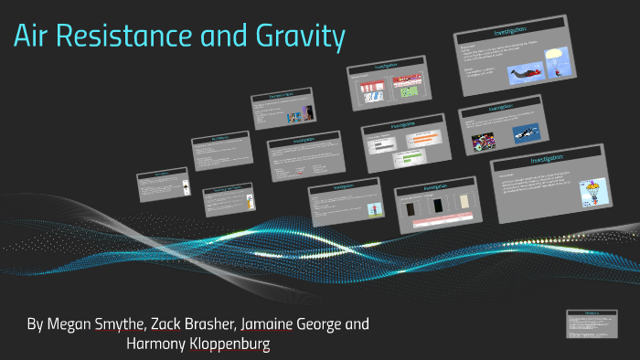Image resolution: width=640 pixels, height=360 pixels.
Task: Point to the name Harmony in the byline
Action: point(158,345)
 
